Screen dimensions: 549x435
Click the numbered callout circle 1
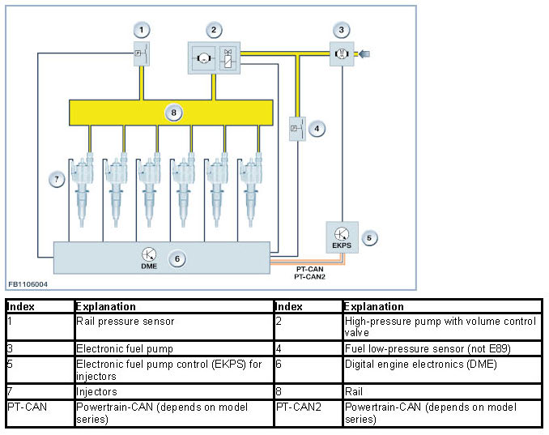142,30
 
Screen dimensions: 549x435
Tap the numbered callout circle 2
214,30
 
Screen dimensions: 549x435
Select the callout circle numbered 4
317,129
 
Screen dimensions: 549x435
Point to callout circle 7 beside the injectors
57,179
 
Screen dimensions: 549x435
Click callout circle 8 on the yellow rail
173,113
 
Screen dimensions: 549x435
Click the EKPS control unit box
342,237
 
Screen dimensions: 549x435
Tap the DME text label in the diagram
149,267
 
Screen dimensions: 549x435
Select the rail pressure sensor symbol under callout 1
142,53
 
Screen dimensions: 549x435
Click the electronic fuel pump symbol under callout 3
342,53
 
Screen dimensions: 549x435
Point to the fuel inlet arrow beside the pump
364,53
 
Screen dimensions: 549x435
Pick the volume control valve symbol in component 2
228,58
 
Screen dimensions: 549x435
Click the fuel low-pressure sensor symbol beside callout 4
297,129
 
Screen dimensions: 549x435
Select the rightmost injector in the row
251,190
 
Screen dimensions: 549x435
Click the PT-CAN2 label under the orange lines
309,277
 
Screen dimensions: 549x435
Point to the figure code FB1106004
28,284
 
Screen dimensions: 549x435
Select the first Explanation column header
106,306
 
